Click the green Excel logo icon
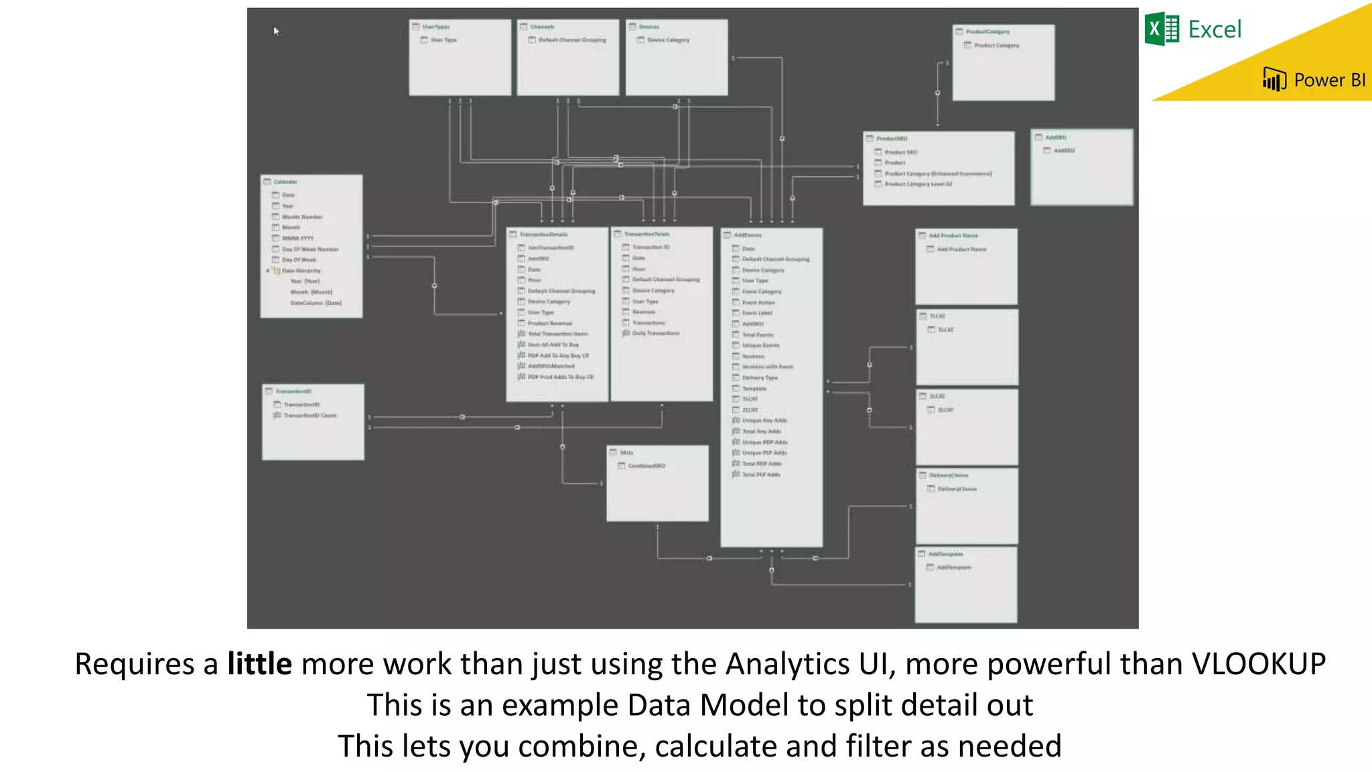[x=1162, y=29]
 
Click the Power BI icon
[x=1274, y=80]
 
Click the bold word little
[x=259, y=664]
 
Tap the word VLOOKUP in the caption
[x=1257, y=664]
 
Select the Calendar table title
[x=285, y=182]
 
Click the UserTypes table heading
[x=436, y=27]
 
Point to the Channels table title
[x=542, y=27]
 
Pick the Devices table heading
[x=648, y=27]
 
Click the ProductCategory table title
[x=987, y=31]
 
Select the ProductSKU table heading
[x=892, y=139]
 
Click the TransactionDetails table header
[x=543, y=235]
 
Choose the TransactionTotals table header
[x=646, y=234]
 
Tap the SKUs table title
[x=626, y=453]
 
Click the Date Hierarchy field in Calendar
[x=301, y=271]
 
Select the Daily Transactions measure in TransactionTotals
[x=655, y=333]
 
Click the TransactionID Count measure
[x=310, y=415]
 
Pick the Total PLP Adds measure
[x=761, y=474]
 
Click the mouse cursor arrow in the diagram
[x=275, y=30]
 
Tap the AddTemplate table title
[x=945, y=554]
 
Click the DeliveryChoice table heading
[x=948, y=475]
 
